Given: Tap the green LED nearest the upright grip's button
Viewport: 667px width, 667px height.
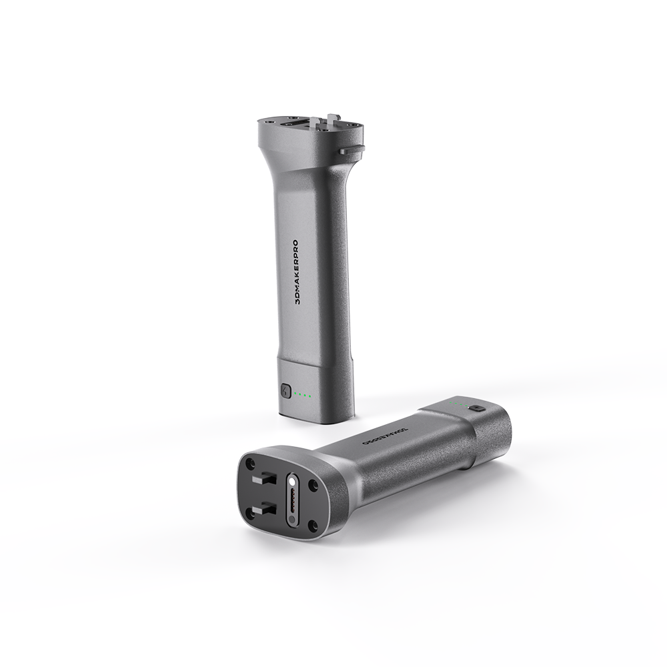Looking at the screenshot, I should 295,394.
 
